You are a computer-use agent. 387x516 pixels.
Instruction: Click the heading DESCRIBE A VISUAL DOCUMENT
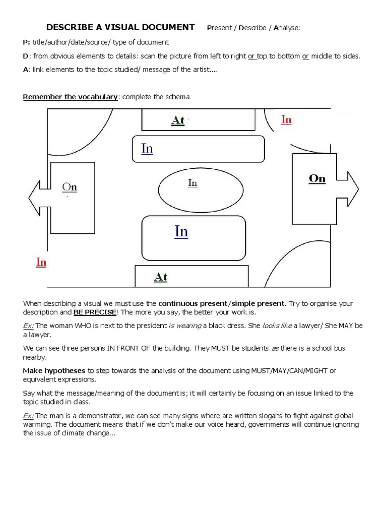(x=120, y=27)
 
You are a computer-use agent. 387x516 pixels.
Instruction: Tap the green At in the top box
(x=178, y=120)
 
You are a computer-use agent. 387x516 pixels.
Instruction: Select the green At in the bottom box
(x=160, y=277)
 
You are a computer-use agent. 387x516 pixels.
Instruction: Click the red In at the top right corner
(x=286, y=119)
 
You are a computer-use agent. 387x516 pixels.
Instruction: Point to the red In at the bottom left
(x=41, y=262)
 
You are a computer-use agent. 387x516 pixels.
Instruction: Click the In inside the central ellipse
(x=192, y=183)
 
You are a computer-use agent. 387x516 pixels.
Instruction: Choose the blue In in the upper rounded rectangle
(x=147, y=149)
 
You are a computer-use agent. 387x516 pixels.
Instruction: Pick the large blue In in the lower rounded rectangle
(x=181, y=231)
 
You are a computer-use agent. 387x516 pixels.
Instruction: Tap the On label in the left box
(x=70, y=187)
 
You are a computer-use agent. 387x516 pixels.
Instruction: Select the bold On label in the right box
(x=317, y=178)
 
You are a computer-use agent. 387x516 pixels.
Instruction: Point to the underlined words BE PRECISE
(x=95, y=312)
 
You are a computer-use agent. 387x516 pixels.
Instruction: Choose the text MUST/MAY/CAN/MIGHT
(x=289, y=370)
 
